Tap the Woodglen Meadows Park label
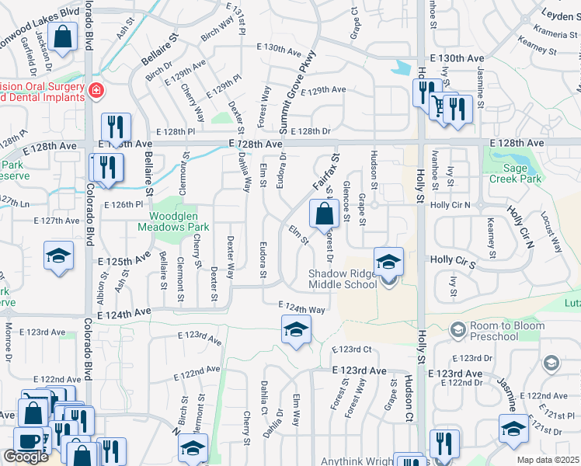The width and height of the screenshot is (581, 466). tap(174, 221)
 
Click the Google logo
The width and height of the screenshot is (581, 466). tap(25, 457)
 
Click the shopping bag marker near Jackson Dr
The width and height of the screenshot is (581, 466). tap(61, 35)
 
